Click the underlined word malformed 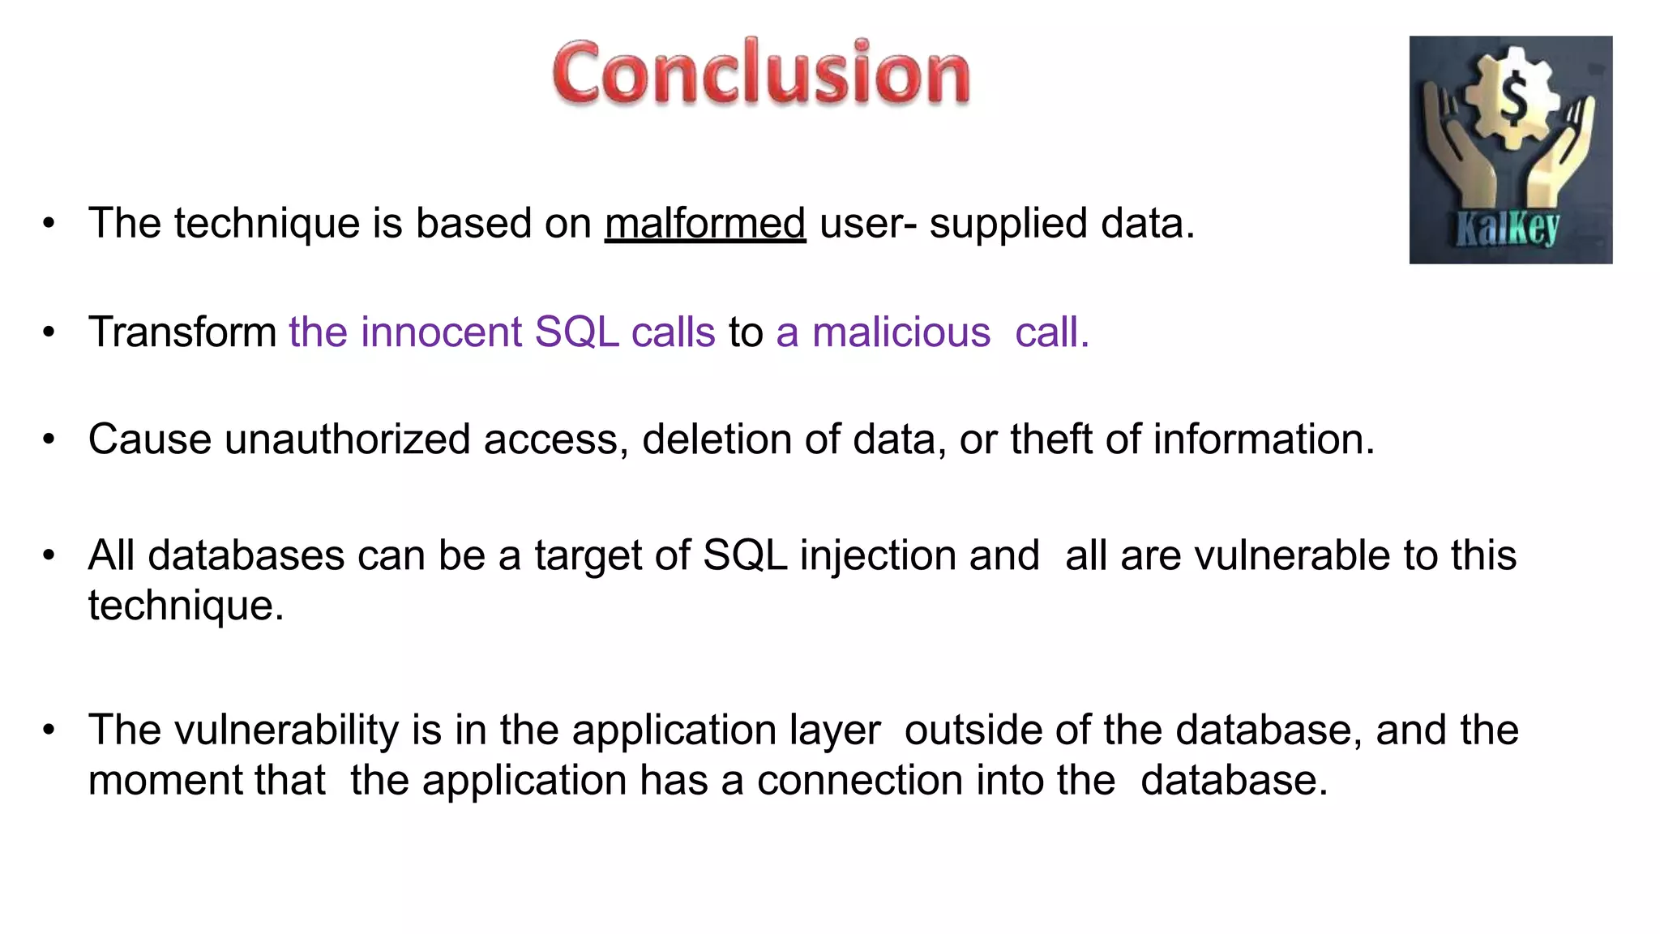(705, 223)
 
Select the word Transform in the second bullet (182, 332)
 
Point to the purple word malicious (901, 332)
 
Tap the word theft (1050, 439)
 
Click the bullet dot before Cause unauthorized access (49, 439)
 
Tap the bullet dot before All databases (49, 556)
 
